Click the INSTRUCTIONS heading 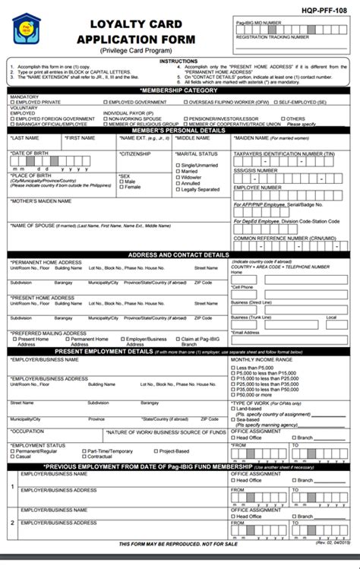pos(179,60)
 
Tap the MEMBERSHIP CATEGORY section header pos(179,90)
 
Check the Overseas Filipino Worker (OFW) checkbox pos(191,101)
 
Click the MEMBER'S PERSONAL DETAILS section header pos(179,131)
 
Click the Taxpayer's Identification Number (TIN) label pos(283,153)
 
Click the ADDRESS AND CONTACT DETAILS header pos(179,255)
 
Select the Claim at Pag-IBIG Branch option pos(175,339)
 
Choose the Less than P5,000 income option pos(235,368)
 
